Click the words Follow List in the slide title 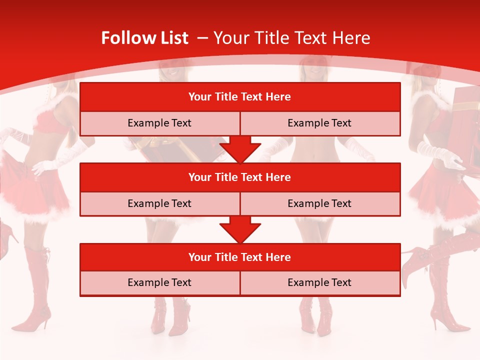point(144,38)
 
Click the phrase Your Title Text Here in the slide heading point(291,38)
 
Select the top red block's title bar point(240,97)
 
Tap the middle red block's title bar point(240,177)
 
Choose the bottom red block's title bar point(240,257)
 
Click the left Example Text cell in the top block point(159,123)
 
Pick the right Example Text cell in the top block point(319,123)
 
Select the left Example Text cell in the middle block point(159,203)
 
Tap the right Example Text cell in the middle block point(319,203)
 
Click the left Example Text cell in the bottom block point(159,282)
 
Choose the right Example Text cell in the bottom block point(319,282)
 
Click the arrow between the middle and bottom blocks point(240,229)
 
